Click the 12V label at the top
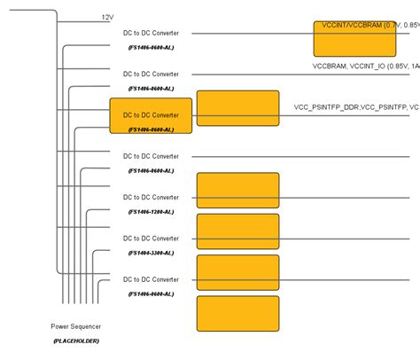(107, 18)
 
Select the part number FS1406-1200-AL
(151, 212)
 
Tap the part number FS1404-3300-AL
(151, 253)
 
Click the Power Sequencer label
(75, 326)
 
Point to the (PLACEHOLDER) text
(75, 340)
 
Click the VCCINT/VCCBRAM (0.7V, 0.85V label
(366, 26)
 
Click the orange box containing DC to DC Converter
(151, 115)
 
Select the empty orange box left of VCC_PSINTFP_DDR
(237, 108)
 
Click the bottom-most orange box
(237, 313)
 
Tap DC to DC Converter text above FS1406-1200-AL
(151, 198)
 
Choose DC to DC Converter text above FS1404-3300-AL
(151, 239)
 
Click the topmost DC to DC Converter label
(151, 33)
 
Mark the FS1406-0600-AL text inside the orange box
(151, 129)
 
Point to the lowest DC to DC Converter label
(151, 279)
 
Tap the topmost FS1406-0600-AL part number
(151, 48)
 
